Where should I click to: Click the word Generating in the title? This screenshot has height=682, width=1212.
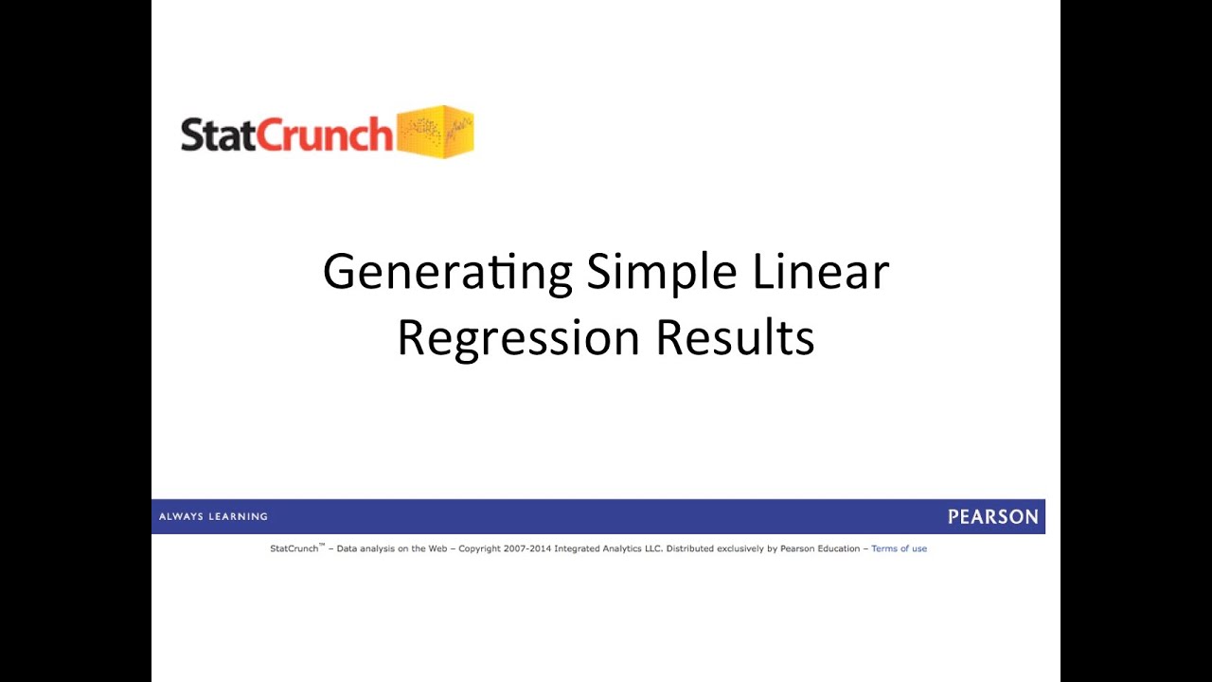coord(447,273)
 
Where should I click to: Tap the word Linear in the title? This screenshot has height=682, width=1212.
coord(821,272)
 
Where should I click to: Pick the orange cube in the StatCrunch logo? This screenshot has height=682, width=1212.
coord(435,132)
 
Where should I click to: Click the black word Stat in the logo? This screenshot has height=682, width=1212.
coord(218,135)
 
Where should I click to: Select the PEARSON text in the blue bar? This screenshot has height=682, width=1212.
coord(992,517)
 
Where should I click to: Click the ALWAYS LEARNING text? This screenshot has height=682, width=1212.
coord(213,517)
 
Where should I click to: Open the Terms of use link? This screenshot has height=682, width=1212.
coord(899,548)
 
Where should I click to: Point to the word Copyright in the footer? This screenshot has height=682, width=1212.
coord(480,548)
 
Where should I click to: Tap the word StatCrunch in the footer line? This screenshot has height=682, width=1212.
coord(294,548)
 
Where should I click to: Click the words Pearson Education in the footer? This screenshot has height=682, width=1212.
coord(820,548)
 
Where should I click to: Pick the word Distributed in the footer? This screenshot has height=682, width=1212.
coord(691,548)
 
